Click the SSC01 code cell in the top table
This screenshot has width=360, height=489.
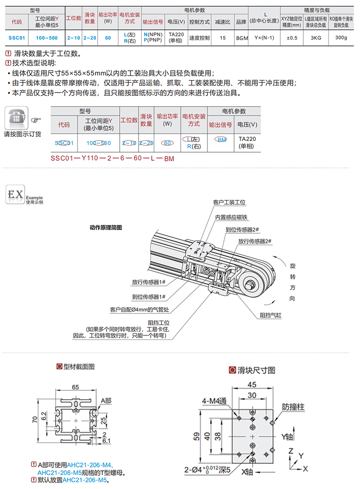[x=16, y=38]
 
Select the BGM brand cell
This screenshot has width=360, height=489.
[x=242, y=38]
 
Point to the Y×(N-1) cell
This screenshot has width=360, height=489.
[x=264, y=38]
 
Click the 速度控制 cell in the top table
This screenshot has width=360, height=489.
[x=199, y=38]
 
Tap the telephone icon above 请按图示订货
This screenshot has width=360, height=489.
[x=16, y=118]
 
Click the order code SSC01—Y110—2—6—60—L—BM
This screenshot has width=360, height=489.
[x=112, y=158]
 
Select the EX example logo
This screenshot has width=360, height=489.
[x=15, y=195]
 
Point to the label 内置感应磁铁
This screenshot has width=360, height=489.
[x=231, y=217]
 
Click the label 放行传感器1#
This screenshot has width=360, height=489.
[x=149, y=283]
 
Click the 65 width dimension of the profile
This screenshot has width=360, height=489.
[x=75, y=387]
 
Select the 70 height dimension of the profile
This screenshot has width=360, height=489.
[x=34, y=421]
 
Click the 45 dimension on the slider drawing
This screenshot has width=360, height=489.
[x=252, y=384]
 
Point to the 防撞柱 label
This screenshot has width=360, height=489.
[x=293, y=407]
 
